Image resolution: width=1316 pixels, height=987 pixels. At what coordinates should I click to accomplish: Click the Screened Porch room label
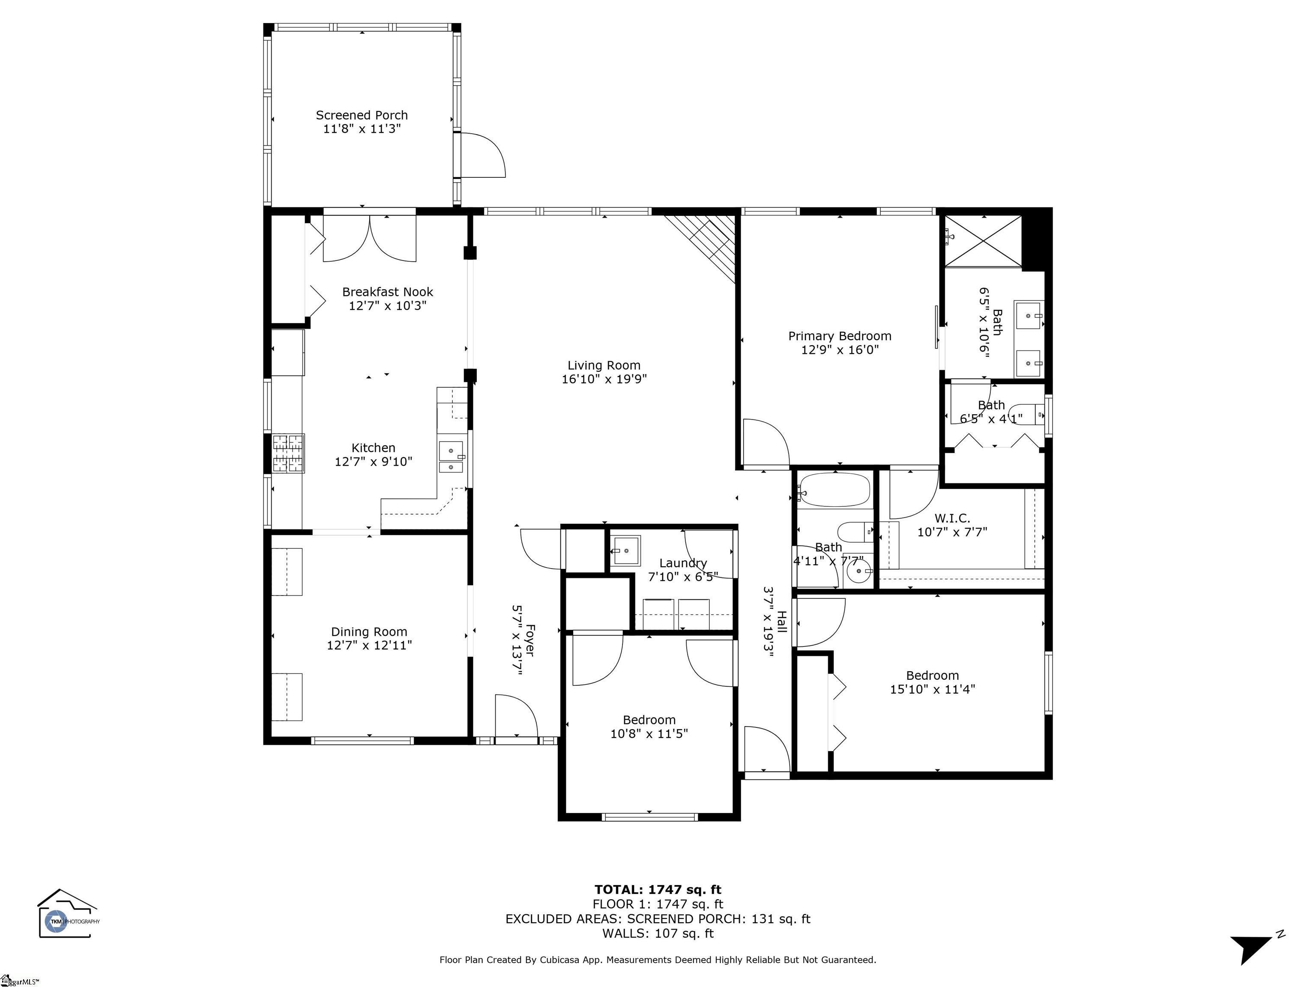pos(362,115)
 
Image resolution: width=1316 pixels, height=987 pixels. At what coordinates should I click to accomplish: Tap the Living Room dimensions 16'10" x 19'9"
pos(604,379)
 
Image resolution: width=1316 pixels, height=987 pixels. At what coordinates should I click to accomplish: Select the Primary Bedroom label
pos(840,336)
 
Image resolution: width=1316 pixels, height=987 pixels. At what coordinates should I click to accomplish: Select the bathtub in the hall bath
pos(834,490)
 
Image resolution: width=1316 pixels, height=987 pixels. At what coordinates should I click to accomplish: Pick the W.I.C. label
pos(952,519)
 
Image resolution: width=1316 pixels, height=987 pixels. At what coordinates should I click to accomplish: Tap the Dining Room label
pos(369,632)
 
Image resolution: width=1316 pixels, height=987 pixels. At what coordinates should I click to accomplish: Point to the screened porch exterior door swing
pos(483,155)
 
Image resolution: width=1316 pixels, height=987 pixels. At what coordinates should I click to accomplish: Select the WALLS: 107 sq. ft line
pos(658,933)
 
